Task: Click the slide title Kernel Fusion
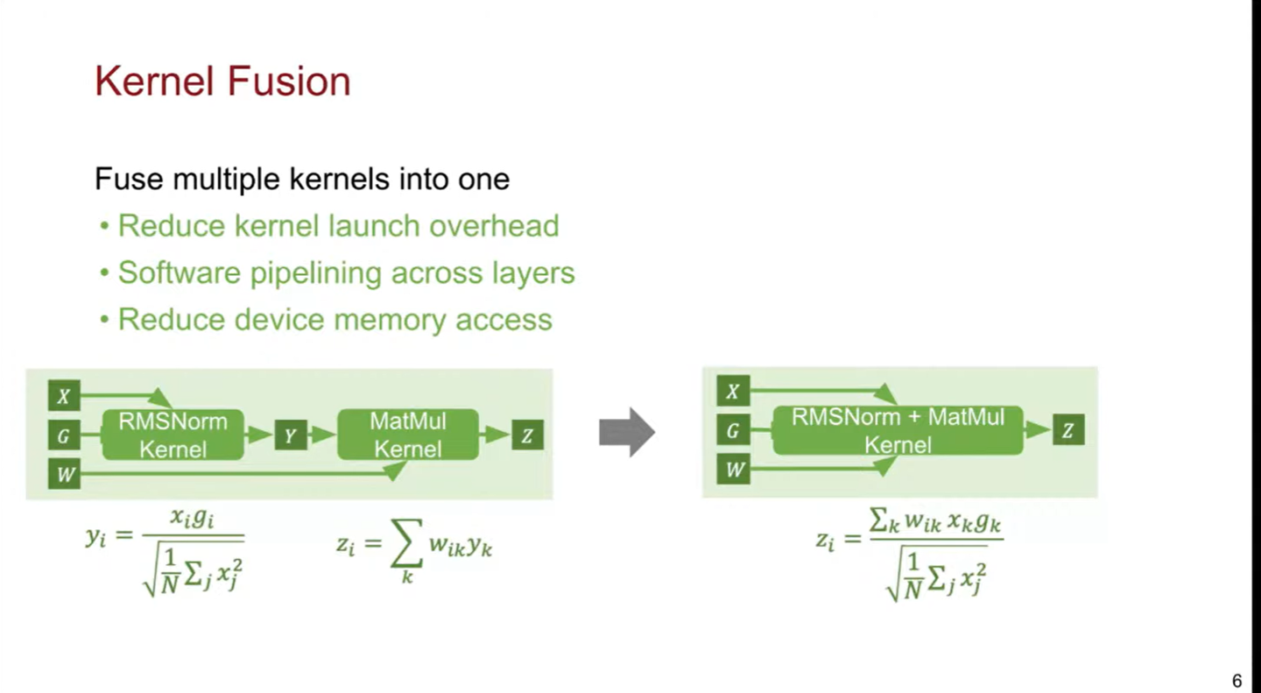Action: pyautogui.click(x=222, y=81)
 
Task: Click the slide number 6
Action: pyautogui.click(x=1236, y=681)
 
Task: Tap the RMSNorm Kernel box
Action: pyautogui.click(x=173, y=435)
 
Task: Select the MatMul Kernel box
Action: pyautogui.click(x=408, y=435)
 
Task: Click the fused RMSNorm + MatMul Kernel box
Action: pyautogui.click(x=898, y=430)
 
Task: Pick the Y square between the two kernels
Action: pyautogui.click(x=291, y=435)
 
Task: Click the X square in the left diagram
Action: pyautogui.click(x=64, y=396)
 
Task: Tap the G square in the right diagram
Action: pyautogui.click(x=733, y=430)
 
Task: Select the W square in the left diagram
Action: pyautogui.click(x=64, y=475)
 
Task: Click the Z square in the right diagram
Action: pyautogui.click(x=1068, y=430)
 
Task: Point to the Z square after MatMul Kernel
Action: pyautogui.click(x=527, y=435)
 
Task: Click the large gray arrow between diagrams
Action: pyautogui.click(x=627, y=432)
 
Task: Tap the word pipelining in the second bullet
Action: pyautogui.click(x=316, y=273)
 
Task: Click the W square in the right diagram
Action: pyautogui.click(x=733, y=470)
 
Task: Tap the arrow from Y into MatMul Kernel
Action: pyautogui.click(x=322, y=435)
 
